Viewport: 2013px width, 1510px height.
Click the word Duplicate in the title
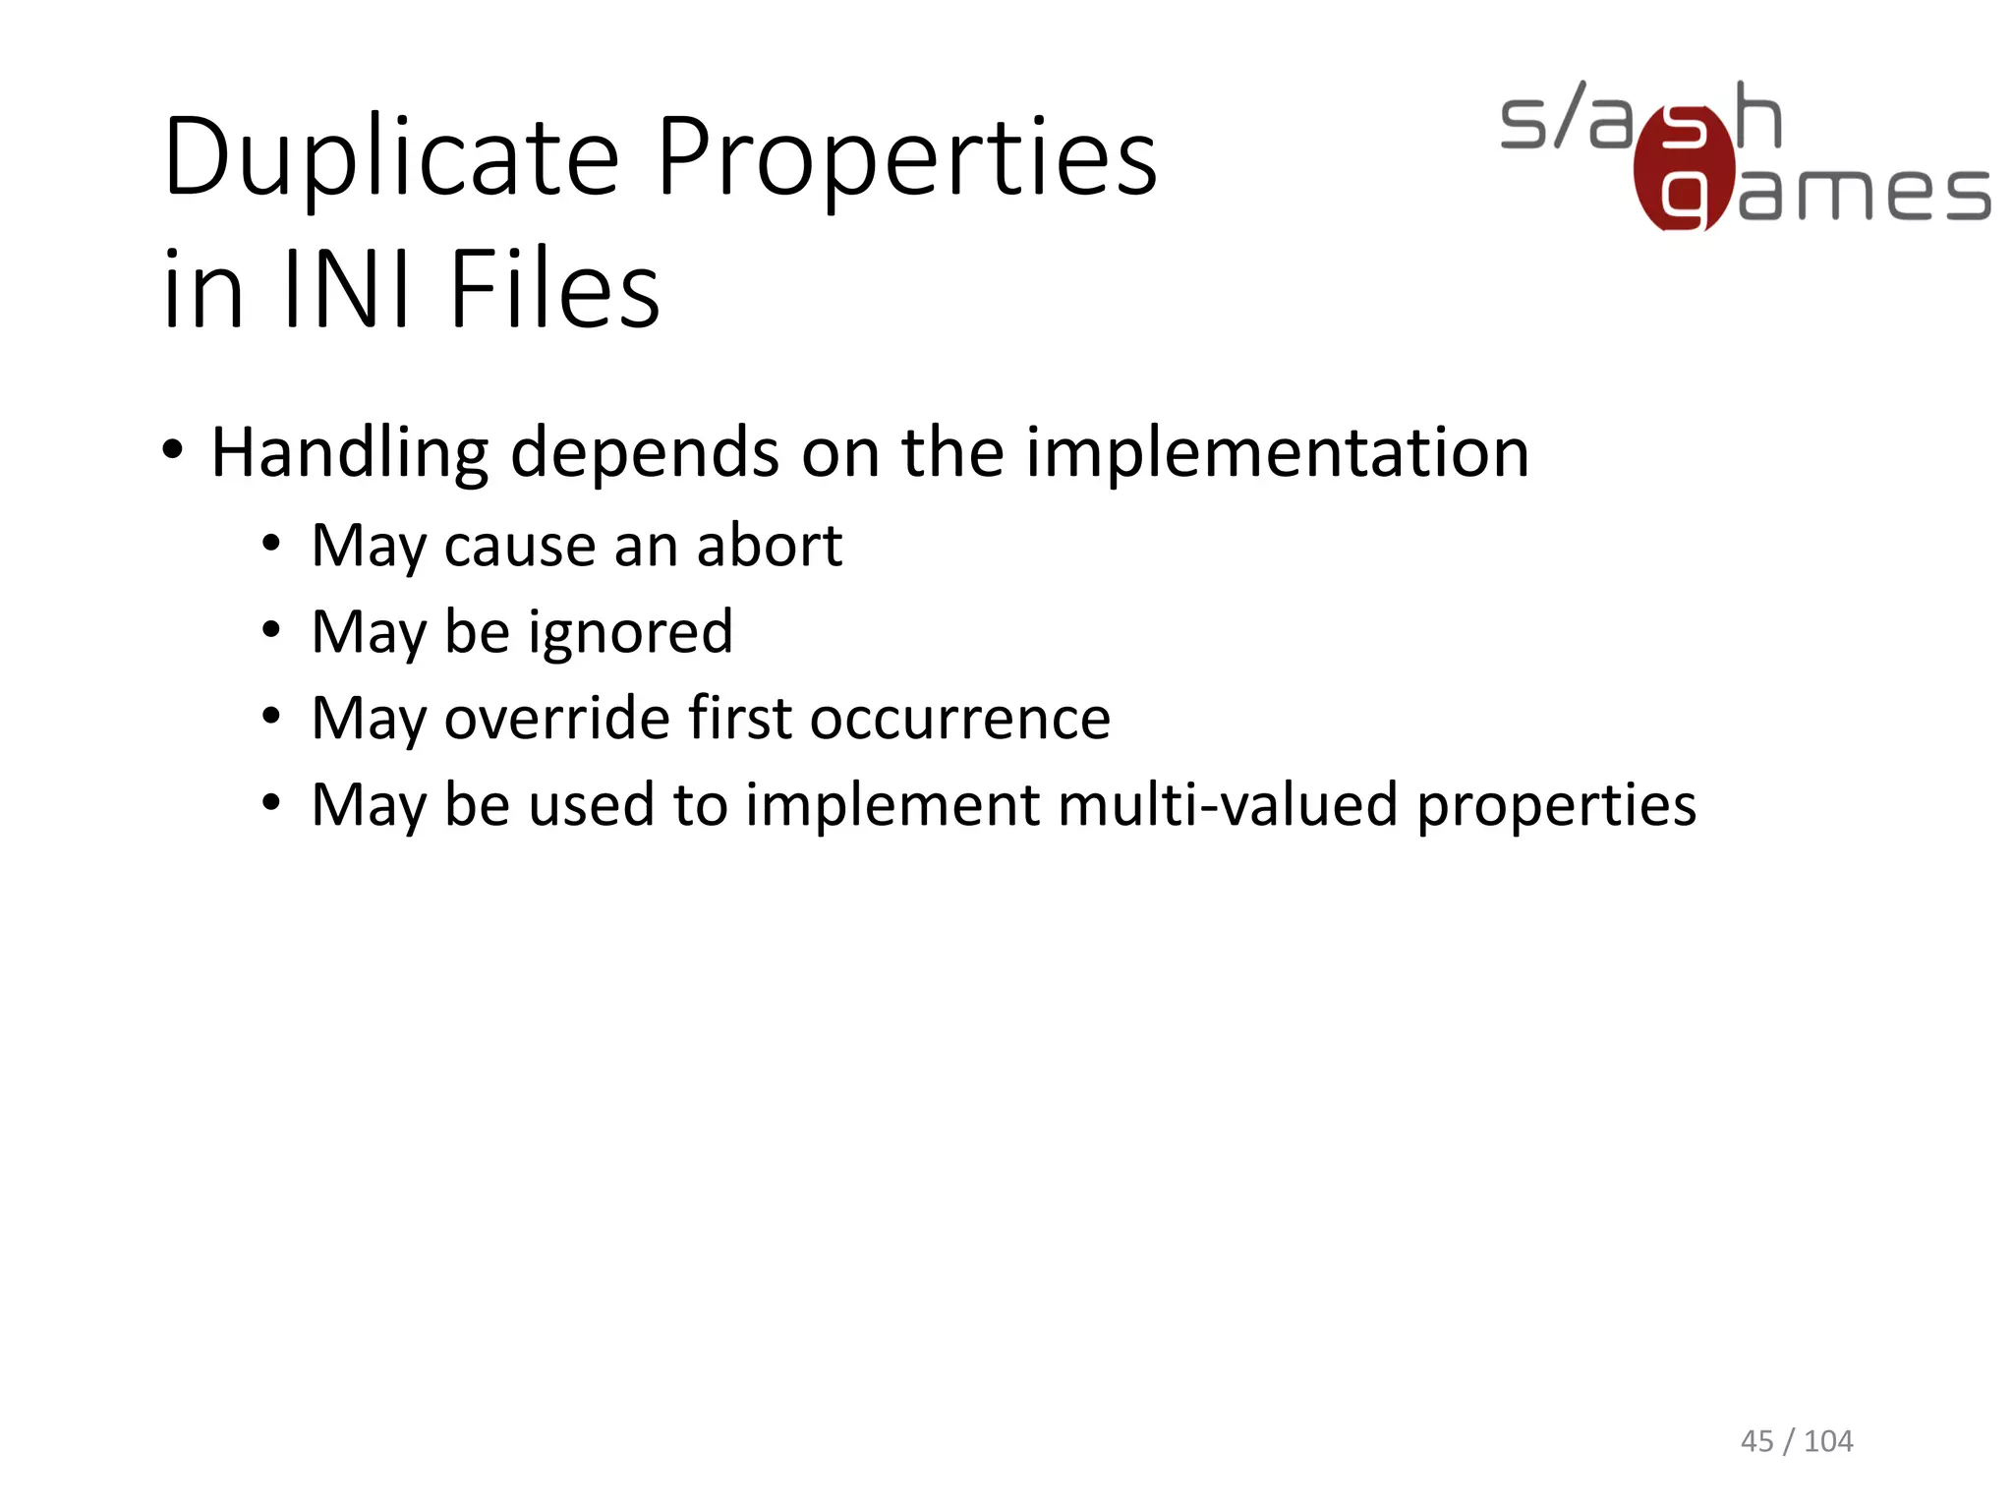pyautogui.click(x=391, y=157)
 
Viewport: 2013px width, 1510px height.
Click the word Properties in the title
pyautogui.click(x=906, y=157)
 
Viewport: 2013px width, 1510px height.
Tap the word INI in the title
pyautogui.click(x=345, y=289)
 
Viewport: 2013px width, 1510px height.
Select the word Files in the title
pyautogui.click(x=554, y=289)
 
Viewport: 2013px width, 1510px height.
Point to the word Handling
pyautogui.click(x=349, y=453)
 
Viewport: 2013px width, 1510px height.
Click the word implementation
pyautogui.click(x=1278, y=453)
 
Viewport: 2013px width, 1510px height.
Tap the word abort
pyautogui.click(x=769, y=546)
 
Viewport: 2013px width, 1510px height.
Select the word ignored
pyautogui.click(x=630, y=632)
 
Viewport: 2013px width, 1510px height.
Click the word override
pyautogui.click(x=557, y=718)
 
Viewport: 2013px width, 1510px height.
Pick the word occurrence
pyautogui.click(x=960, y=718)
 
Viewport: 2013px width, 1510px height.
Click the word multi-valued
pyautogui.click(x=1228, y=804)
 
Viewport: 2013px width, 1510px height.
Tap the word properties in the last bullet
pyautogui.click(x=1556, y=806)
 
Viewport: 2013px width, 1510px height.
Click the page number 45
pyautogui.click(x=1756, y=1441)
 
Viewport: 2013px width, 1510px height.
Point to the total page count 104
pyautogui.click(x=1828, y=1441)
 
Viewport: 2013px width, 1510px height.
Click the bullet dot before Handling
pyautogui.click(x=173, y=451)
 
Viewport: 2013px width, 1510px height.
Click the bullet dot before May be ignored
pyautogui.click(x=271, y=630)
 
